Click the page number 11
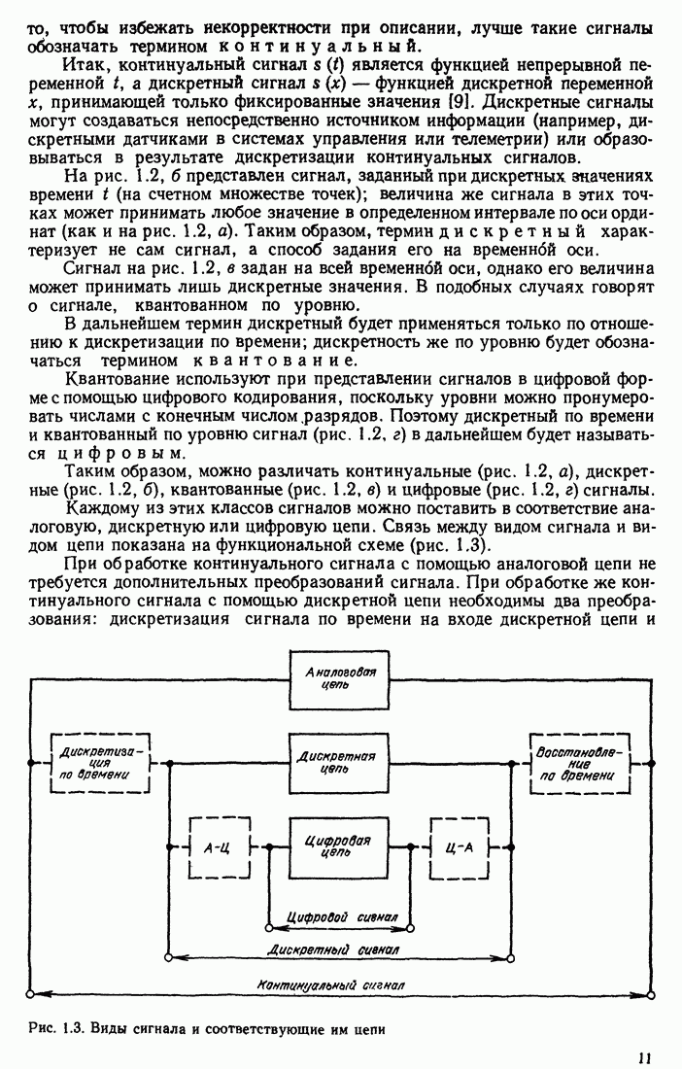645,1057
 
